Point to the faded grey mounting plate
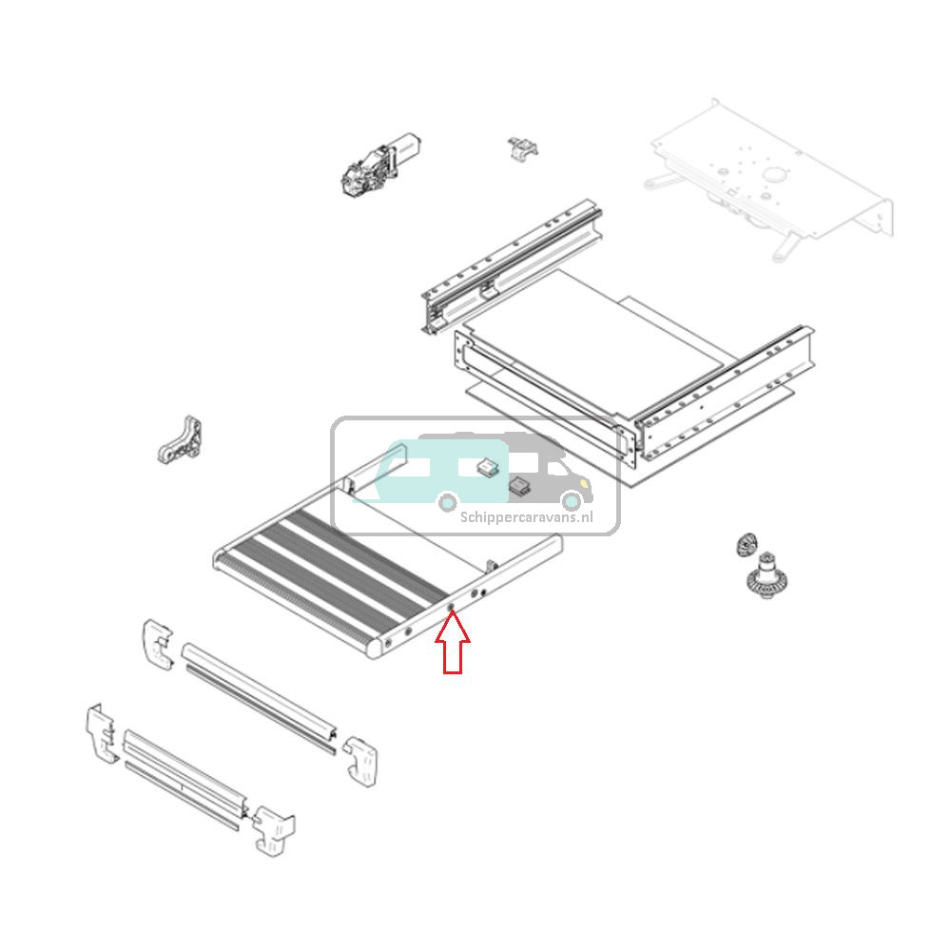(x=770, y=181)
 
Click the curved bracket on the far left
(x=181, y=440)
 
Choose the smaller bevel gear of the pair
(x=746, y=546)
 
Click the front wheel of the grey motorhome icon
(x=571, y=501)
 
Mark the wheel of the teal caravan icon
(x=446, y=501)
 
